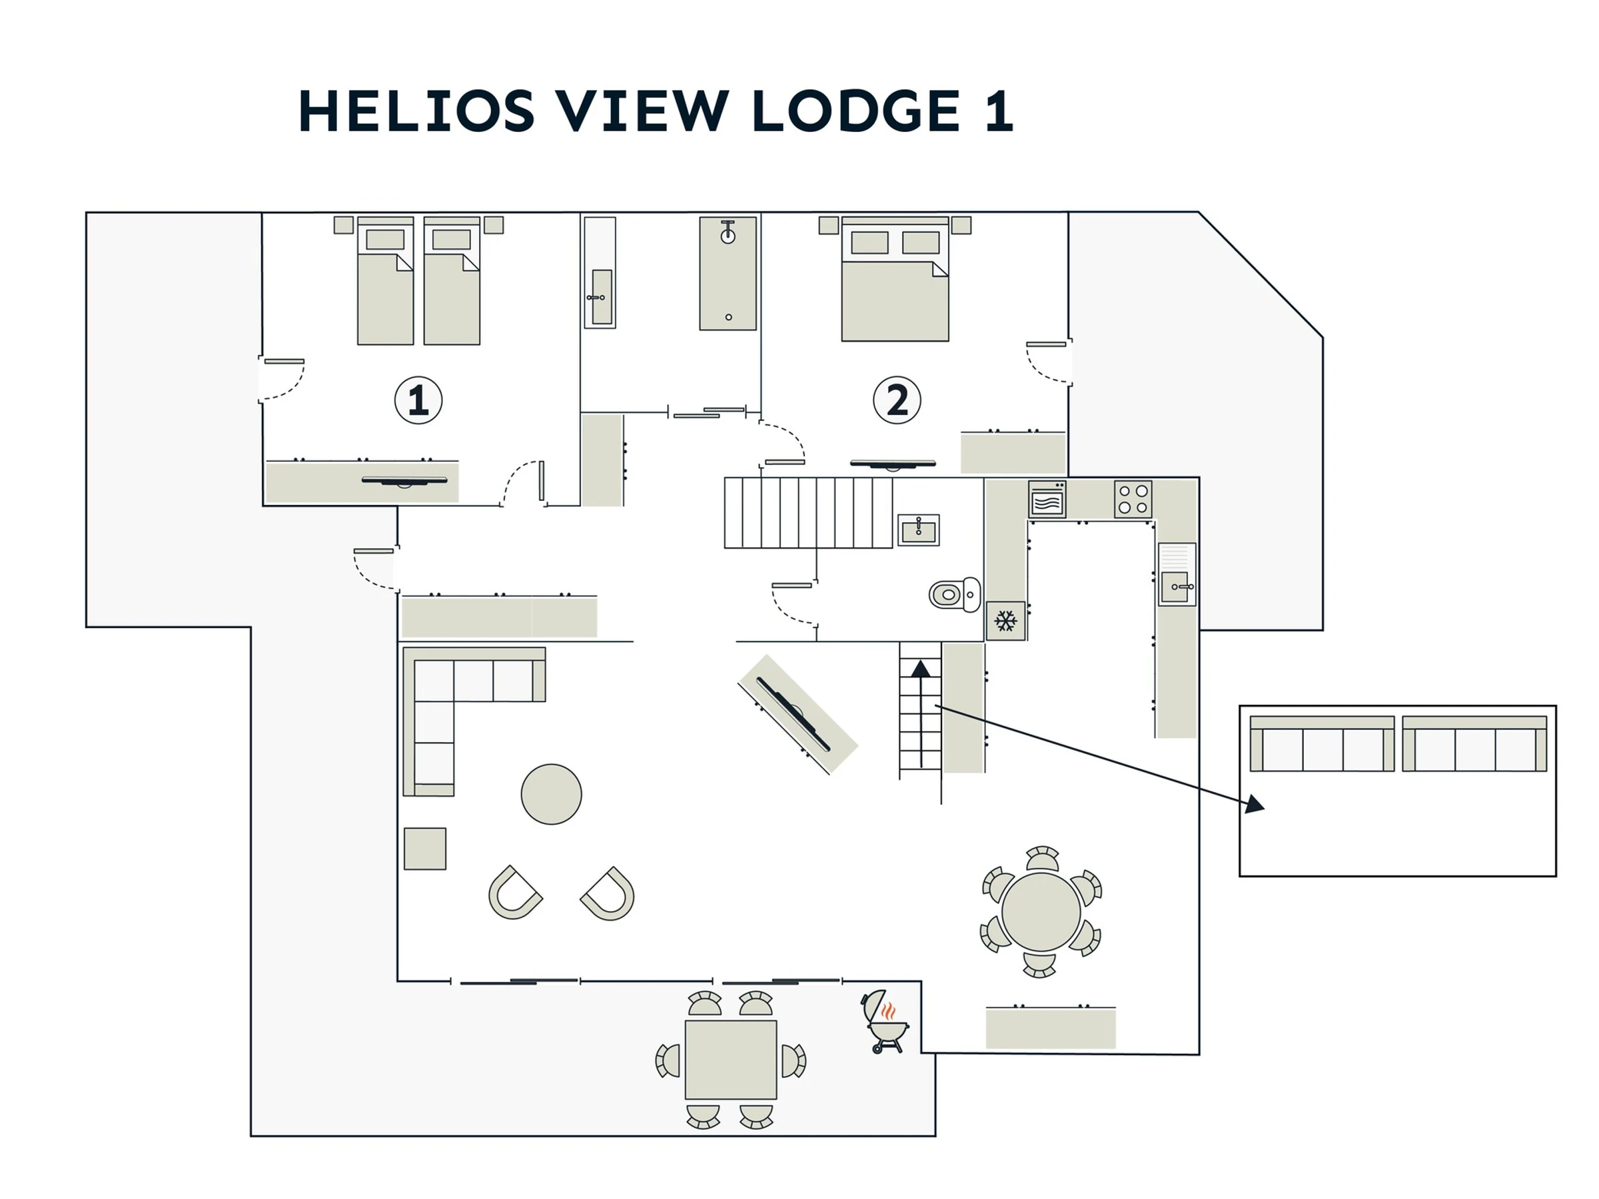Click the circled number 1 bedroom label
click(418, 400)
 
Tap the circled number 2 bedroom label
click(896, 400)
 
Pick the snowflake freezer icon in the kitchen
click(1005, 620)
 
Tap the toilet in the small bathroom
click(954, 594)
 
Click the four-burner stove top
click(1133, 499)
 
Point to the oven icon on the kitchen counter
click(1047, 499)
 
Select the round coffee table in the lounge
click(551, 794)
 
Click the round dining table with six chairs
click(1041, 911)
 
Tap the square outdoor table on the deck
click(730, 1060)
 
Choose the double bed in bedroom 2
click(895, 289)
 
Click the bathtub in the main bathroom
click(728, 273)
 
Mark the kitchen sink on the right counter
click(1176, 586)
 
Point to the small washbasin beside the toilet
click(918, 530)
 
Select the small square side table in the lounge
click(425, 849)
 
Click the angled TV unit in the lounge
click(798, 714)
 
